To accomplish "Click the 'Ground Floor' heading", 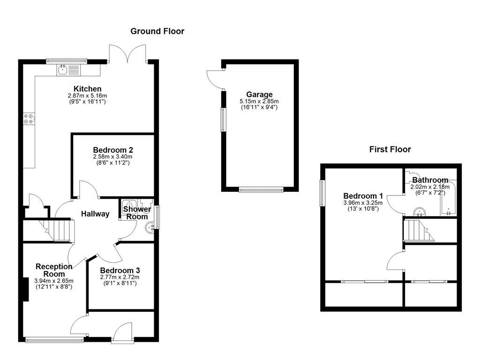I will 157,31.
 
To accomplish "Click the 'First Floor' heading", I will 390,150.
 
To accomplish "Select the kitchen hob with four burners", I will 28,119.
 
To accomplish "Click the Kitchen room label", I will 87,89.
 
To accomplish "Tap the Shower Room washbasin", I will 150,229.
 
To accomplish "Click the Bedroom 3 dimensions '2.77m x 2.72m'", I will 120,277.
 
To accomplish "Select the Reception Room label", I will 54,270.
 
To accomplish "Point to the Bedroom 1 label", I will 363,196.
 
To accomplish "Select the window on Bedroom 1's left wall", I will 322,192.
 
